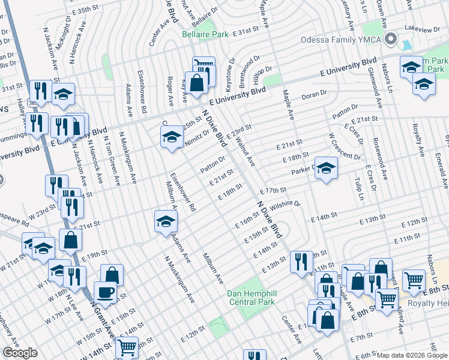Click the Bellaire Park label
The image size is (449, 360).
click(x=205, y=35)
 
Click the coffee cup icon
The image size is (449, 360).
click(x=106, y=292)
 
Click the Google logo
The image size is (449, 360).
click(x=20, y=353)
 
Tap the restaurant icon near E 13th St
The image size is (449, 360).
click(x=301, y=262)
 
